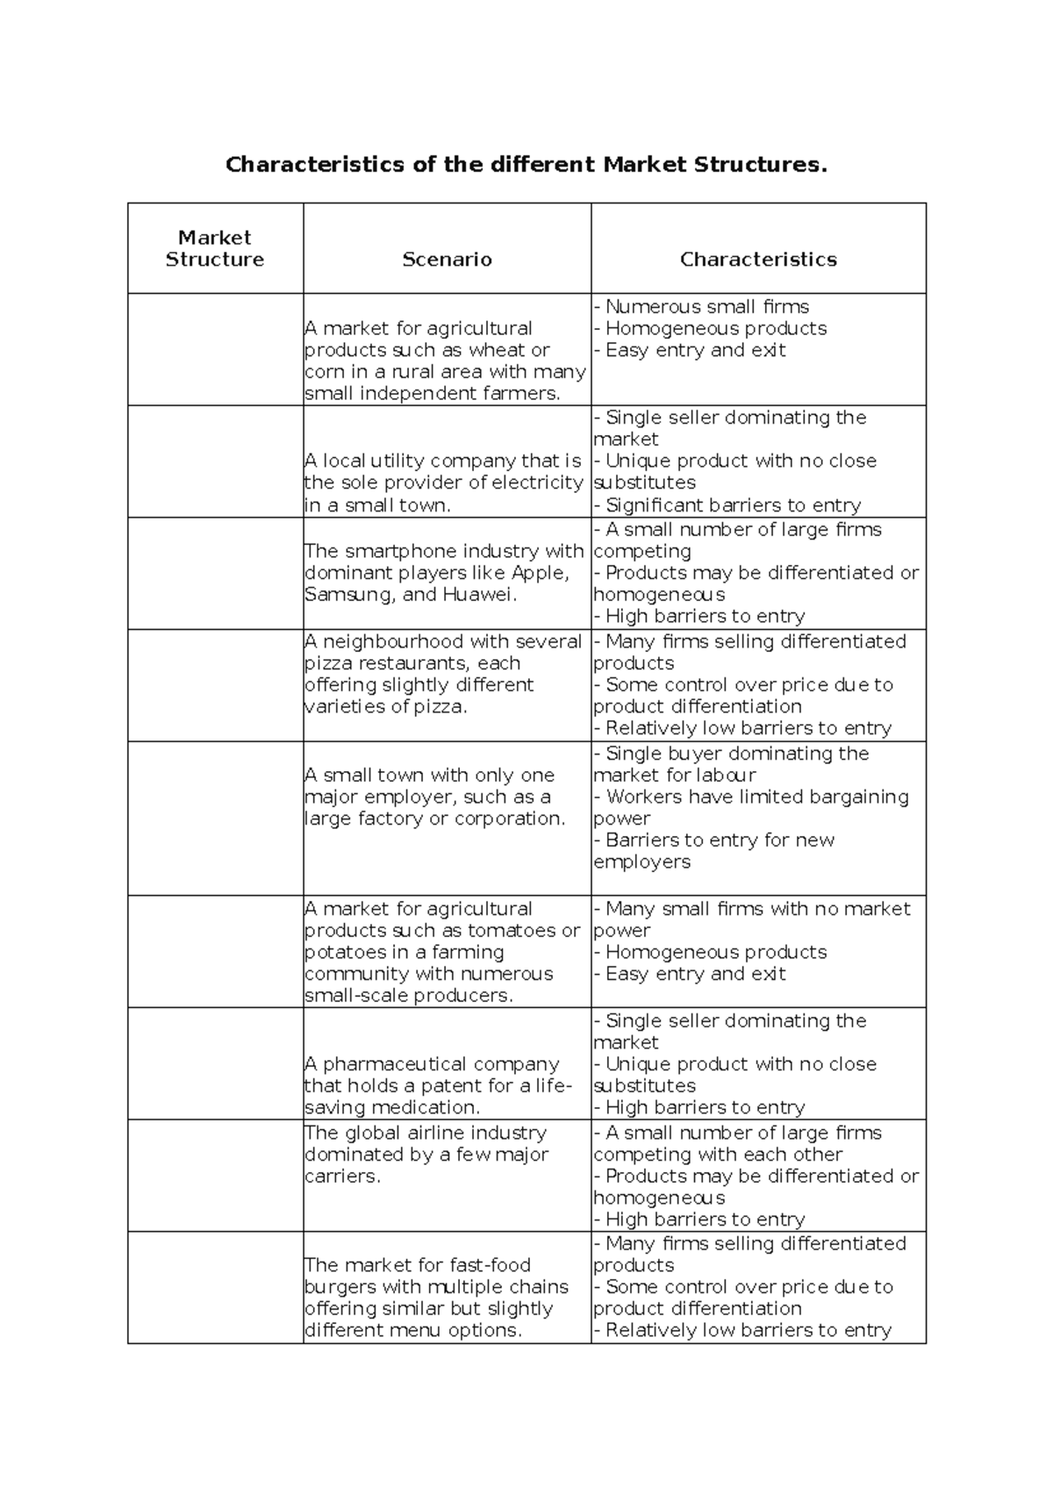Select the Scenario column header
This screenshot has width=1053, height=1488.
click(447, 260)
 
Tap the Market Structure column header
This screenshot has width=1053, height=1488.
click(215, 248)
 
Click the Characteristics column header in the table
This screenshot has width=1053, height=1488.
click(758, 260)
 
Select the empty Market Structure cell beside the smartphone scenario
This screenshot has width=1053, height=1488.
click(215, 573)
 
